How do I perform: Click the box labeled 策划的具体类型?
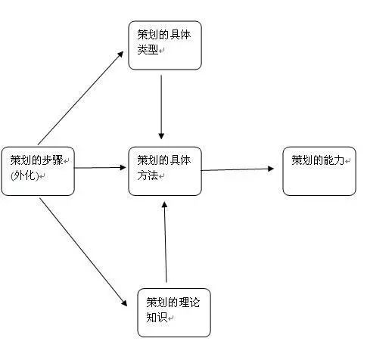pyautogui.click(x=164, y=45)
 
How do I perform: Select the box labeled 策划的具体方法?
pyautogui.click(x=165, y=170)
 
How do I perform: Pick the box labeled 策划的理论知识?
pyautogui.click(x=173, y=310)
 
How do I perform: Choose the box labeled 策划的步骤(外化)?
pyautogui.click(x=39, y=170)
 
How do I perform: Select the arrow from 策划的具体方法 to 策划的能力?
pyautogui.click(x=238, y=169)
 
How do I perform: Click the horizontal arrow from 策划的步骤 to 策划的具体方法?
pyautogui.click(x=102, y=167)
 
